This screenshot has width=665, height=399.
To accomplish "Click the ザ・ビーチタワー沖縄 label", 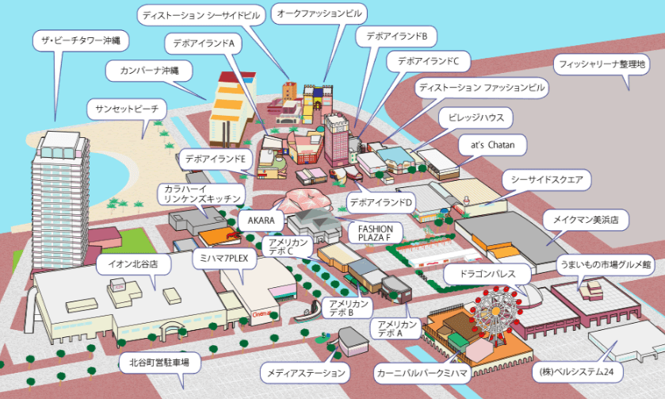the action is (x=81, y=40).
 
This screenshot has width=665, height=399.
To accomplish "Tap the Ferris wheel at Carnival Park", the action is (x=495, y=311).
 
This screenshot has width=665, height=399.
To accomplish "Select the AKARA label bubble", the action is (x=261, y=221).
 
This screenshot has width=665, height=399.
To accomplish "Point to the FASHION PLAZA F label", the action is (x=376, y=233).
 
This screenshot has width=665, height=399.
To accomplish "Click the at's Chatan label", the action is (x=492, y=145).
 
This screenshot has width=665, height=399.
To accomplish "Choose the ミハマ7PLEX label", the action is (x=224, y=258).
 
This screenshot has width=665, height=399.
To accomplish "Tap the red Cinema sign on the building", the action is (x=262, y=315).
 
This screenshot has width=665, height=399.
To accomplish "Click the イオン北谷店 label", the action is (x=133, y=264).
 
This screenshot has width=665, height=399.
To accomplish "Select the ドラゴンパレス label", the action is (x=487, y=274).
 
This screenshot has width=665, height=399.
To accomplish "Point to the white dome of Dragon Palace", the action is (x=530, y=295).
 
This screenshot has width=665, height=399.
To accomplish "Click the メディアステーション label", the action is (x=305, y=373).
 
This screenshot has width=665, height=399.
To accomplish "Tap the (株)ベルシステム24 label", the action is (x=578, y=372).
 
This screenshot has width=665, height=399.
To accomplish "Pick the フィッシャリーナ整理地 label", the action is (x=602, y=64).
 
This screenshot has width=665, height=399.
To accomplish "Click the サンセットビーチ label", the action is (x=127, y=109).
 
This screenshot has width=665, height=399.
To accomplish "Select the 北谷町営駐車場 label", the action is (x=159, y=363).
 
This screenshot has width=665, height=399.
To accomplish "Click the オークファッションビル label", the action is (x=319, y=13).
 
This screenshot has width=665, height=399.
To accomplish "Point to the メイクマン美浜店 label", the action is (x=586, y=220).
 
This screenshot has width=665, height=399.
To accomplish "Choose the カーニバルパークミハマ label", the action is (x=422, y=373).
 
